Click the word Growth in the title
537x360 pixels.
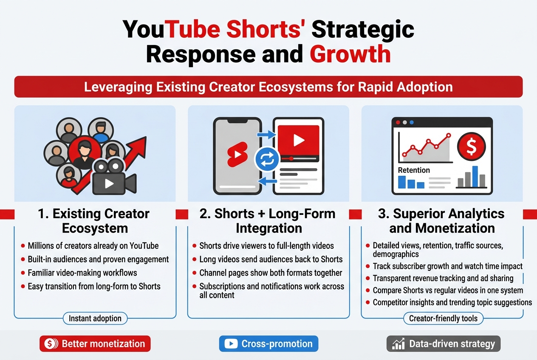coord(350,54)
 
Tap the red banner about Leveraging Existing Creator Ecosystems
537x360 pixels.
coord(268,87)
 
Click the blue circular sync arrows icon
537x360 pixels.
coord(266,160)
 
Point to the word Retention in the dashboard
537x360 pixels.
coord(414,170)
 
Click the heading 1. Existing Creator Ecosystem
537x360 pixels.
coord(94,221)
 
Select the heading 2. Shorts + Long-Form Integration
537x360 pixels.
coord(268,221)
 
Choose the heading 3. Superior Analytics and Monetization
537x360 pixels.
coord(441,221)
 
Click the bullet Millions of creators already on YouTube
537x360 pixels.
coord(93,246)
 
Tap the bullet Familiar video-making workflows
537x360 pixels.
coord(82,273)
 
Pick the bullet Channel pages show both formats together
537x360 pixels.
coord(270,273)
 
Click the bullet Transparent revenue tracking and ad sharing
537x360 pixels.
coord(443,278)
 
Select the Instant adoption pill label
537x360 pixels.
coord(95,318)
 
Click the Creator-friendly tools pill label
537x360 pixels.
coord(443,318)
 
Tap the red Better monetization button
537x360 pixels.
coord(95,344)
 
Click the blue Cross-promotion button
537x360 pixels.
coord(268,344)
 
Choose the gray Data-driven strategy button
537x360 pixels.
coord(444,344)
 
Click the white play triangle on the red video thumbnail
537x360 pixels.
coord(299,140)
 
